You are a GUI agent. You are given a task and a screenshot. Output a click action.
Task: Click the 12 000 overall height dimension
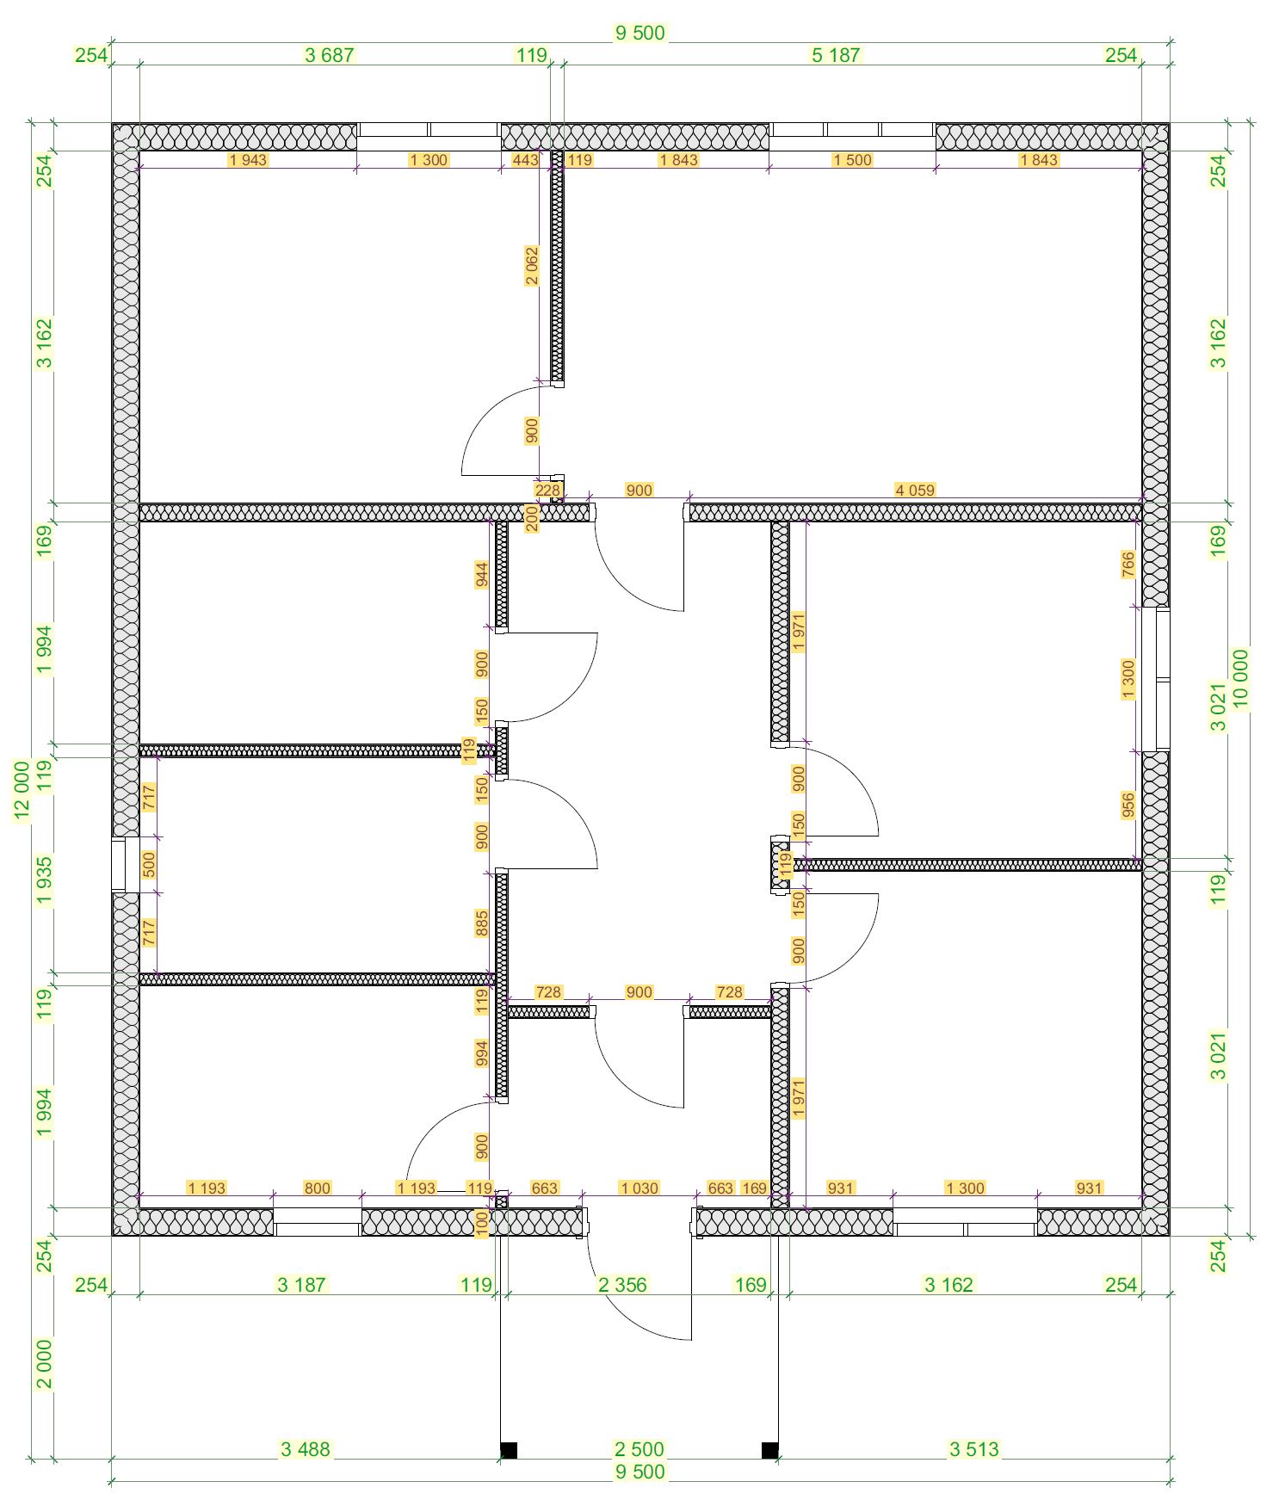pos(22,791)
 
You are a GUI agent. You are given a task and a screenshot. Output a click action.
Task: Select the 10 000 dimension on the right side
pos(1240,679)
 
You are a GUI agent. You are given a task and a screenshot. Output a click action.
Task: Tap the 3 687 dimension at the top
pos(330,55)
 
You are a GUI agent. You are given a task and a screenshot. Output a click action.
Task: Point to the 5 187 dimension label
pos(836,55)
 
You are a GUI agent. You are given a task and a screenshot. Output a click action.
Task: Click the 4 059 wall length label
pos(914,491)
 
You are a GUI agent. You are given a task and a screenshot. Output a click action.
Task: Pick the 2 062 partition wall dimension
pos(532,267)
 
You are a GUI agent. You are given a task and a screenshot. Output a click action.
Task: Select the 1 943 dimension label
pos(248,160)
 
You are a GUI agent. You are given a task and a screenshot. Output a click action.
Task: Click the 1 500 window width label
pos(852,160)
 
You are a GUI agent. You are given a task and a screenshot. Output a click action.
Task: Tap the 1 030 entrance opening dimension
pos(639,1188)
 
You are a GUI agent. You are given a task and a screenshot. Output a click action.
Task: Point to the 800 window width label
pos(317,1188)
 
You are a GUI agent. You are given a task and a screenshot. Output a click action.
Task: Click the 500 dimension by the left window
pos(149,864)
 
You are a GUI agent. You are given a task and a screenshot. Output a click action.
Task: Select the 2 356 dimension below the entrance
pos(622,1285)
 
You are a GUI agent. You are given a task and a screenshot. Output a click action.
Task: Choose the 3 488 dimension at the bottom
pos(306,1449)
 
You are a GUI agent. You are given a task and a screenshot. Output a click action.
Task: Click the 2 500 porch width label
pos(639,1449)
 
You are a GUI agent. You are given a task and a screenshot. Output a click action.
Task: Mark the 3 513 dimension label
pos(974,1449)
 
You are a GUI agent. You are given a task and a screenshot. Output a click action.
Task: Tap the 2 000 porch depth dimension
pos(44,1364)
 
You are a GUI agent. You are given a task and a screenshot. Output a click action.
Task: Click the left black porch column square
pos(509,1450)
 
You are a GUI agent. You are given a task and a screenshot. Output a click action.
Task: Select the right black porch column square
pos(770,1450)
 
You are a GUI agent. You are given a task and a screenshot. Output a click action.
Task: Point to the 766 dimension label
pos(1128,565)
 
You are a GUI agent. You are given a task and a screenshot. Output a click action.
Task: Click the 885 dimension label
pos(482,923)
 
